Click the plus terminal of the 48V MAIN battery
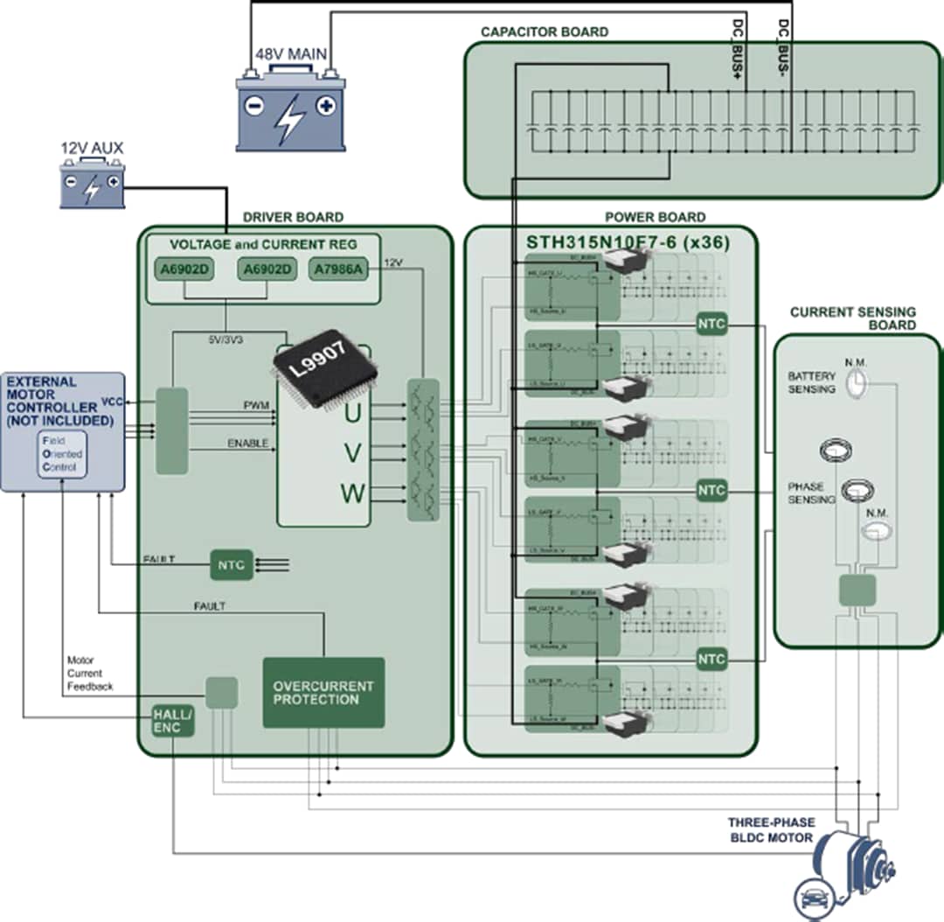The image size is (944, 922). pyautogui.click(x=325, y=106)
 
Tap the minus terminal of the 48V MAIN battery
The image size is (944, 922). pyautogui.click(x=254, y=106)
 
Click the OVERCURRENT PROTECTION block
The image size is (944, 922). pyautogui.click(x=323, y=693)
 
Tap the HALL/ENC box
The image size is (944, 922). pyautogui.click(x=172, y=719)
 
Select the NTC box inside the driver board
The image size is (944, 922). pyautogui.click(x=231, y=565)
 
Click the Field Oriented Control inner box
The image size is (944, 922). pyautogui.click(x=62, y=454)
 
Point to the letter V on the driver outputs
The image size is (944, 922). pyautogui.click(x=352, y=452)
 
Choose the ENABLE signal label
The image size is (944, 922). pyautogui.click(x=247, y=444)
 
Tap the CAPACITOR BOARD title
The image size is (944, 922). pyautogui.click(x=545, y=32)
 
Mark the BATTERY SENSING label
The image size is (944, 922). pyautogui.click(x=811, y=382)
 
